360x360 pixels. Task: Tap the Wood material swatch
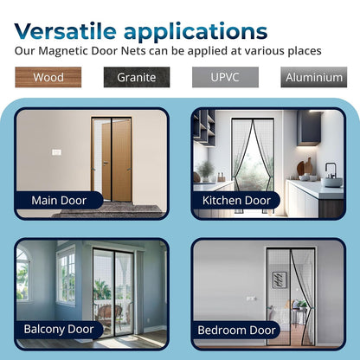(48, 77)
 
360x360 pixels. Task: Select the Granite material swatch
(136, 77)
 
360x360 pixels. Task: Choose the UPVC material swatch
(224, 77)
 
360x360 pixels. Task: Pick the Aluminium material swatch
(312, 77)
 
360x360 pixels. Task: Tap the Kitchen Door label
(237, 200)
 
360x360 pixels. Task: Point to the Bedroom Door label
(237, 330)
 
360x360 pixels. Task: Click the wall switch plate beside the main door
(56, 151)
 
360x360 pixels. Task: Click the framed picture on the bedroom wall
(279, 280)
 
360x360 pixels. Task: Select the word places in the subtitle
(299, 51)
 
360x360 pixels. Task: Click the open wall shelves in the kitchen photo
(203, 130)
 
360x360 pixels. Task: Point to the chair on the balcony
(106, 311)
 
